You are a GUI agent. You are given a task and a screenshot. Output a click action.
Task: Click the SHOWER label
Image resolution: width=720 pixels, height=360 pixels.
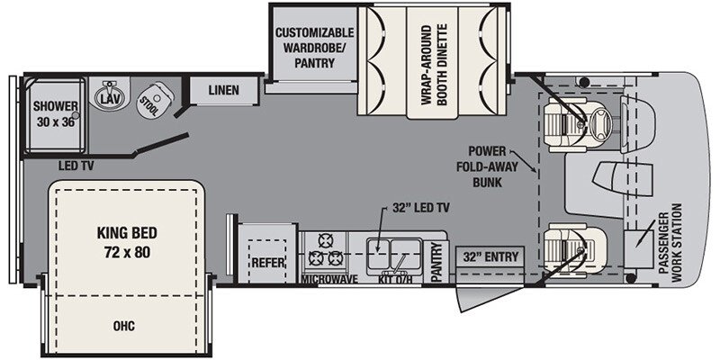(x=56, y=107)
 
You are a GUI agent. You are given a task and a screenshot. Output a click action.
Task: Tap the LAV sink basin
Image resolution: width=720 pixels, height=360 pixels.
(x=109, y=96)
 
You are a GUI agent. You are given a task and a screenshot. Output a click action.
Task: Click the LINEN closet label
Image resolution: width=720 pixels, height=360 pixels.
(x=223, y=90)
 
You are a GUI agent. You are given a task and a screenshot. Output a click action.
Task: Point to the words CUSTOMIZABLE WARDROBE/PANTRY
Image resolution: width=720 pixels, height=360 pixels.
(x=314, y=48)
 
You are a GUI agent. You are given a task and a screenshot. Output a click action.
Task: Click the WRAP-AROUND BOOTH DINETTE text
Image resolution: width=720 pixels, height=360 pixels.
(x=435, y=65)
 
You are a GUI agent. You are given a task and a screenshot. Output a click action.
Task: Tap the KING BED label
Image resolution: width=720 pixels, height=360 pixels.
(x=127, y=233)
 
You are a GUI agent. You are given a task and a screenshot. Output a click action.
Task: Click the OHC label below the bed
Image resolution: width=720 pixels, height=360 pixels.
(x=124, y=326)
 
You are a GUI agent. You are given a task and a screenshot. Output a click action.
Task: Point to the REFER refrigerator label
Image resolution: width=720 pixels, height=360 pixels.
(x=268, y=263)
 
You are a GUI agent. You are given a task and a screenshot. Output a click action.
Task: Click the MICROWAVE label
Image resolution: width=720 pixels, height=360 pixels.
(x=329, y=280)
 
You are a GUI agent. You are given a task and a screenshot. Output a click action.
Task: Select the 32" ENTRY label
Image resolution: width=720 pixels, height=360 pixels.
(x=490, y=256)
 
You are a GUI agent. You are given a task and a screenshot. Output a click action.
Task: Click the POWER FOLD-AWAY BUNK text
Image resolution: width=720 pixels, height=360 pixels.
(x=487, y=166)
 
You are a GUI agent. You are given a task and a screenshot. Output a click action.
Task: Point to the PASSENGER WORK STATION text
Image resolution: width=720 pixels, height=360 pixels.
(x=670, y=242)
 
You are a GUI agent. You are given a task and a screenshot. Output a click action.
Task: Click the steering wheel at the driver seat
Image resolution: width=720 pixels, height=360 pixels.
(x=600, y=124)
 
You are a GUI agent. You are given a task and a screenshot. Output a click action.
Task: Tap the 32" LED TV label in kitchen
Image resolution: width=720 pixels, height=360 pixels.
(x=421, y=208)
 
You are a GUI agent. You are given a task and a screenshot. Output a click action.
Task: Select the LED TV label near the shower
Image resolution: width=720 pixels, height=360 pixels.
(x=76, y=166)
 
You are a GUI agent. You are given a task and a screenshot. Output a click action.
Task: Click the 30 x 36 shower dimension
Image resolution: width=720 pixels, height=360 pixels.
(x=55, y=123)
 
